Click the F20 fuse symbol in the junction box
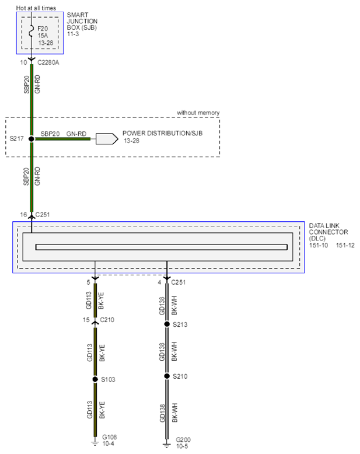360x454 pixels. (x=32, y=32)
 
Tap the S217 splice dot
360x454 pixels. (x=32, y=139)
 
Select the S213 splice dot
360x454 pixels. (x=167, y=324)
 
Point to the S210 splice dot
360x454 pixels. (x=167, y=376)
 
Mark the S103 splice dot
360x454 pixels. (x=95, y=379)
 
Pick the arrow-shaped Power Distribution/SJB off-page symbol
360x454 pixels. (x=107, y=139)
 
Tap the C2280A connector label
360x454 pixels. (x=48, y=62)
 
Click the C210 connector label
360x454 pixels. (x=107, y=320)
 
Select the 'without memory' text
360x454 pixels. (x=198, y=113)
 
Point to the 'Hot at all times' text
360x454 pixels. (x=36, y=8)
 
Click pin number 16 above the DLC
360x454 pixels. (x=23, y=215)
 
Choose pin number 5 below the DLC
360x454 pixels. (x=89, y=282)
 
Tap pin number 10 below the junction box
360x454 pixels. (x=23, y=62)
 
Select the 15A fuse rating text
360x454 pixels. (x=43, y=36)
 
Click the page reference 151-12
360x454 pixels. (x=345, y=246)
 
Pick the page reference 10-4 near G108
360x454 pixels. (x=108, y=443)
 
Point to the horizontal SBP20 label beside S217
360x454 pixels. (x=50, y=134)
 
